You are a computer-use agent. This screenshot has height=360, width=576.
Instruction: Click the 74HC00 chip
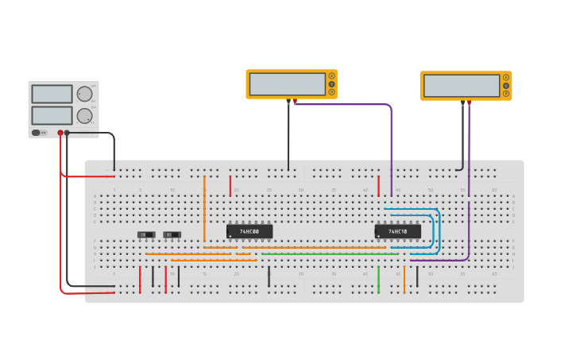click(x=249, y=231)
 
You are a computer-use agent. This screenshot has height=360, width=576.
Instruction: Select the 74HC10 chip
click(x=397, y=231)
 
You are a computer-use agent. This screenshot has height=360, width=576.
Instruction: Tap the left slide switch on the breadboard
click(x=146, y=234)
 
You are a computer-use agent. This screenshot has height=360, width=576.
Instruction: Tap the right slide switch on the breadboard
click(x=172, y=234)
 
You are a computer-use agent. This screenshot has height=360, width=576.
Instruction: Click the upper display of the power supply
click(x=52, y=94)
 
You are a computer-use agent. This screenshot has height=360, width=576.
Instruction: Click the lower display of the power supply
click(x=52, y=115)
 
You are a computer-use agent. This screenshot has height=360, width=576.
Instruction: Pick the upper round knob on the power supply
click(x=84, y=94)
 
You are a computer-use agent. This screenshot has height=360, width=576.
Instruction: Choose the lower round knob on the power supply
click(x=84, y=116)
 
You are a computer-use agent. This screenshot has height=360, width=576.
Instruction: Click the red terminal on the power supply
click(x=60, y=133)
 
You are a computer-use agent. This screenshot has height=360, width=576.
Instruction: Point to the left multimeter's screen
click(x=287, y=83)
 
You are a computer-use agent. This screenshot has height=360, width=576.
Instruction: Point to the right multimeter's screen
click(x=461, y=85)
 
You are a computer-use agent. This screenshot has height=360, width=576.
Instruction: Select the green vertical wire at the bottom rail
click(x=378, y=280)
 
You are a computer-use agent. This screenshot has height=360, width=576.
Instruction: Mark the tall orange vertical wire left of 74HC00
click(x=204, y=208)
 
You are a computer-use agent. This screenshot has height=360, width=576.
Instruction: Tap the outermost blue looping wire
click(x=439, y=230)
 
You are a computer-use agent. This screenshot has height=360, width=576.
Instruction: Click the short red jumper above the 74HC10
click(x=378, y=186)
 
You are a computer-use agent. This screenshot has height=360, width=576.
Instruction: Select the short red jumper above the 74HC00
click(x=230, y=186)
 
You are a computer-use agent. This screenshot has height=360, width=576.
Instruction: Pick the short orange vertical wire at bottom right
click(x=404, y=280)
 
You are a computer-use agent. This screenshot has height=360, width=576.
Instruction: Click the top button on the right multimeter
click(x=505, y=77)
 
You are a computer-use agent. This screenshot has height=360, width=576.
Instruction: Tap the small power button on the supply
click(x=36, y=133)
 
